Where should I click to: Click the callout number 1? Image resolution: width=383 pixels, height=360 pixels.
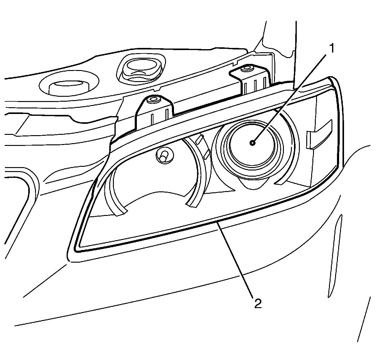coord(331,48)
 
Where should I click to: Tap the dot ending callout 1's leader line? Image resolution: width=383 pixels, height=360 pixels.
coord(252,143)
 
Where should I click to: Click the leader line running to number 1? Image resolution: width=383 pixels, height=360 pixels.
coord(292,95)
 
